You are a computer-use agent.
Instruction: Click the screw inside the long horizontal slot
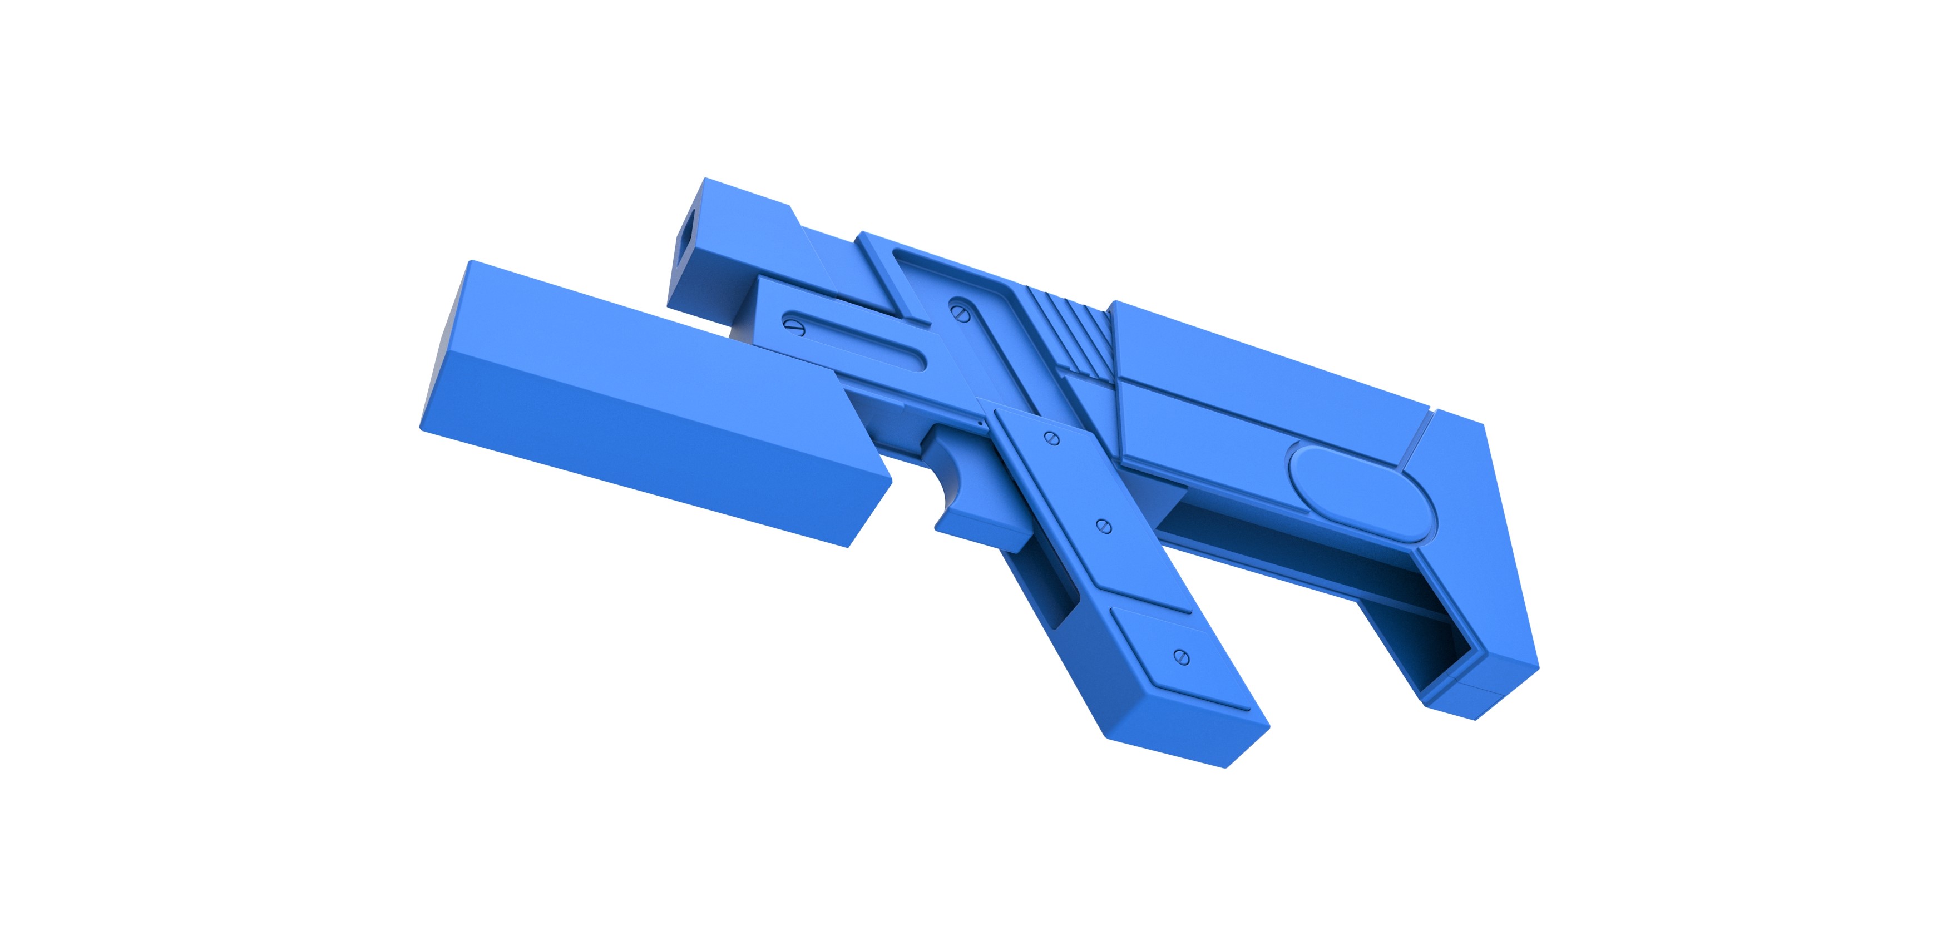[794, 326]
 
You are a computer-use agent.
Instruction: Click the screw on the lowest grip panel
[1182, 657]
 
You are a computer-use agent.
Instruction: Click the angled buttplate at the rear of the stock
[1481, 544]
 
